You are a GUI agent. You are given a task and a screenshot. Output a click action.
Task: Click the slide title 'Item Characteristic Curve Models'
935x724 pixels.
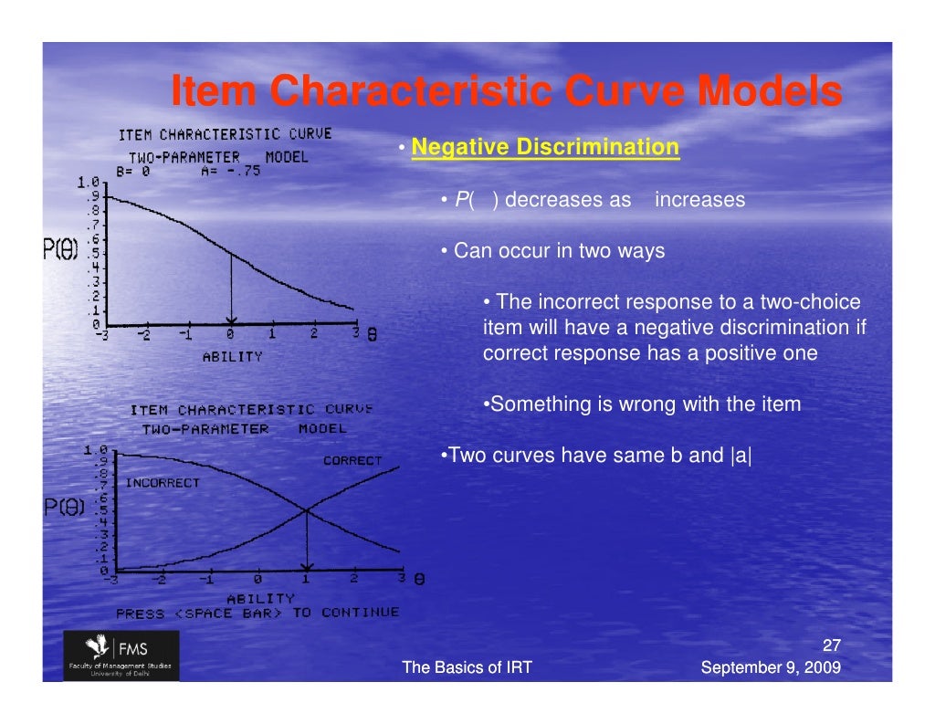point(506,92)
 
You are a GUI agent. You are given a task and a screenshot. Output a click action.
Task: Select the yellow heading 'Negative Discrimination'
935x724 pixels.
point(545,147)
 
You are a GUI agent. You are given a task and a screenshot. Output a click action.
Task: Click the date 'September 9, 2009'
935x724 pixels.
point(770,668)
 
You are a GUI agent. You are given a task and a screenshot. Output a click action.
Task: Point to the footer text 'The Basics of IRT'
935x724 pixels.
point(467,668)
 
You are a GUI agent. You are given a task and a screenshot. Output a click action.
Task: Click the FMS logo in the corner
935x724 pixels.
point(121,655)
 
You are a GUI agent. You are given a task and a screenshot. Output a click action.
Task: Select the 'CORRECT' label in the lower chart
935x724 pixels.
point(352,461)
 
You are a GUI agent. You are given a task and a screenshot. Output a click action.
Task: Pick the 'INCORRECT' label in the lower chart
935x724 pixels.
point(162,483)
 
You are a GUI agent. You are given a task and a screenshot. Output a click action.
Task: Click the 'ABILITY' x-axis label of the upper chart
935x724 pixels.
point(232,357)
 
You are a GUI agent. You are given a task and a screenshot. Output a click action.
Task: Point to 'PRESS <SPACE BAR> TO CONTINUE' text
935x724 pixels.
point(257,614)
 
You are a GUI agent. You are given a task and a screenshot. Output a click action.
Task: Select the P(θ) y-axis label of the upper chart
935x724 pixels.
point(61,247)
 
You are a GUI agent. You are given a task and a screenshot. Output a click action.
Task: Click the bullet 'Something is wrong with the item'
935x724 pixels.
point(641,404)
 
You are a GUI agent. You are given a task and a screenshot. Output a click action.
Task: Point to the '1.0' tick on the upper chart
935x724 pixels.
point(89,182)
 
